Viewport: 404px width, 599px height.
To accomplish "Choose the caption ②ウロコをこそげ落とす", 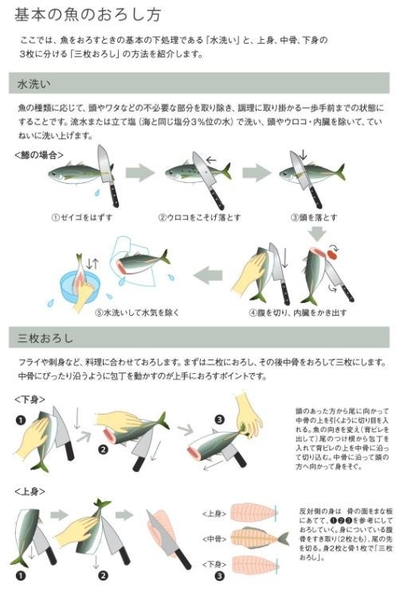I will point(198,216).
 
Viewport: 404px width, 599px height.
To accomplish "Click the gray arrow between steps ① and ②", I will point(139,172).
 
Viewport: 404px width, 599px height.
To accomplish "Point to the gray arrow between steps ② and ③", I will point(257,172).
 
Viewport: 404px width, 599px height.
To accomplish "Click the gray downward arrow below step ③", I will point(317,232).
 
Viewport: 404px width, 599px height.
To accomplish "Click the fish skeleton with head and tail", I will point(257,538).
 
